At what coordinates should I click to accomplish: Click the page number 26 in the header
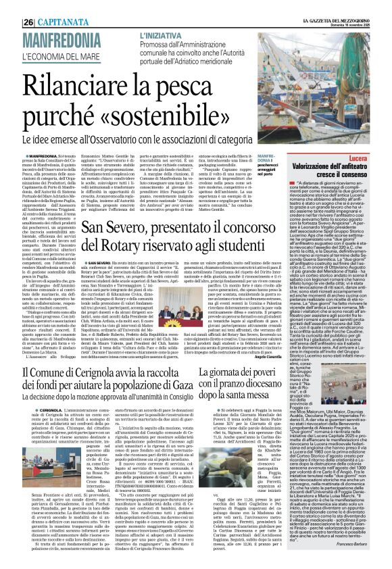[11, 7]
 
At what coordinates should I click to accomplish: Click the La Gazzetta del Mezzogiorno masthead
[338, 5]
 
